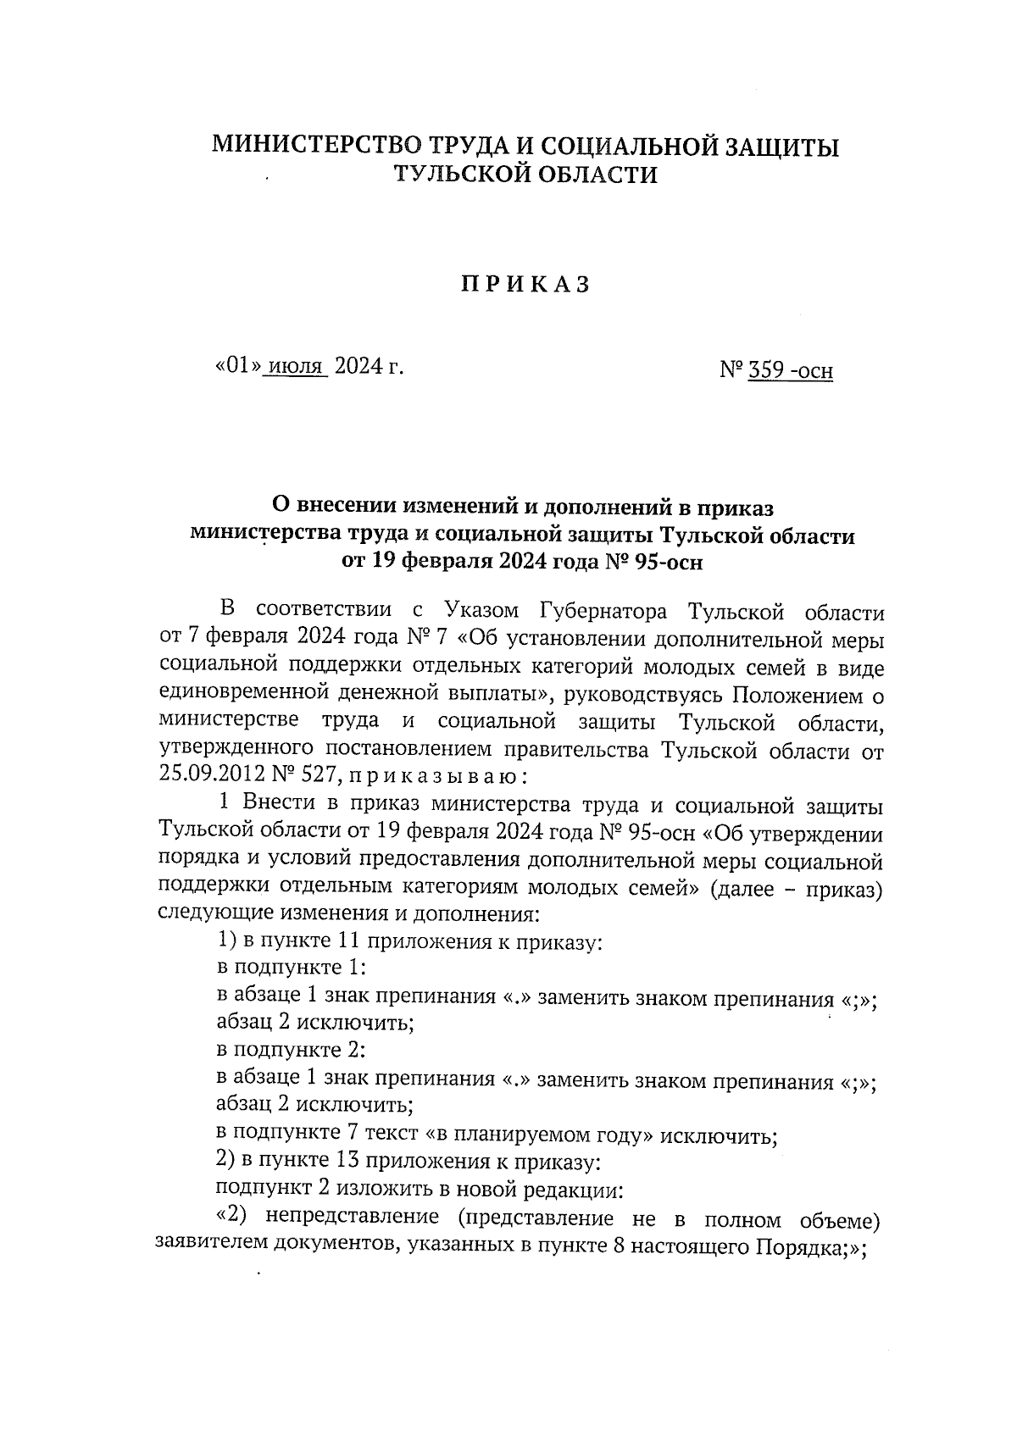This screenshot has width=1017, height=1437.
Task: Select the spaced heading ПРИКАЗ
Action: point(525,285)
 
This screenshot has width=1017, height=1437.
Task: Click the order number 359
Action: point(765,370)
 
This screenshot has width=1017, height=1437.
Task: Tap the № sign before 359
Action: point(731,370)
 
